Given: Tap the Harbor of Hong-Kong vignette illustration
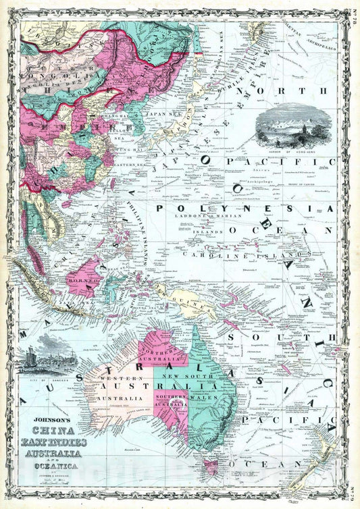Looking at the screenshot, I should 294,124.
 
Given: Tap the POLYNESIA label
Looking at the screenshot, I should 245,209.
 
